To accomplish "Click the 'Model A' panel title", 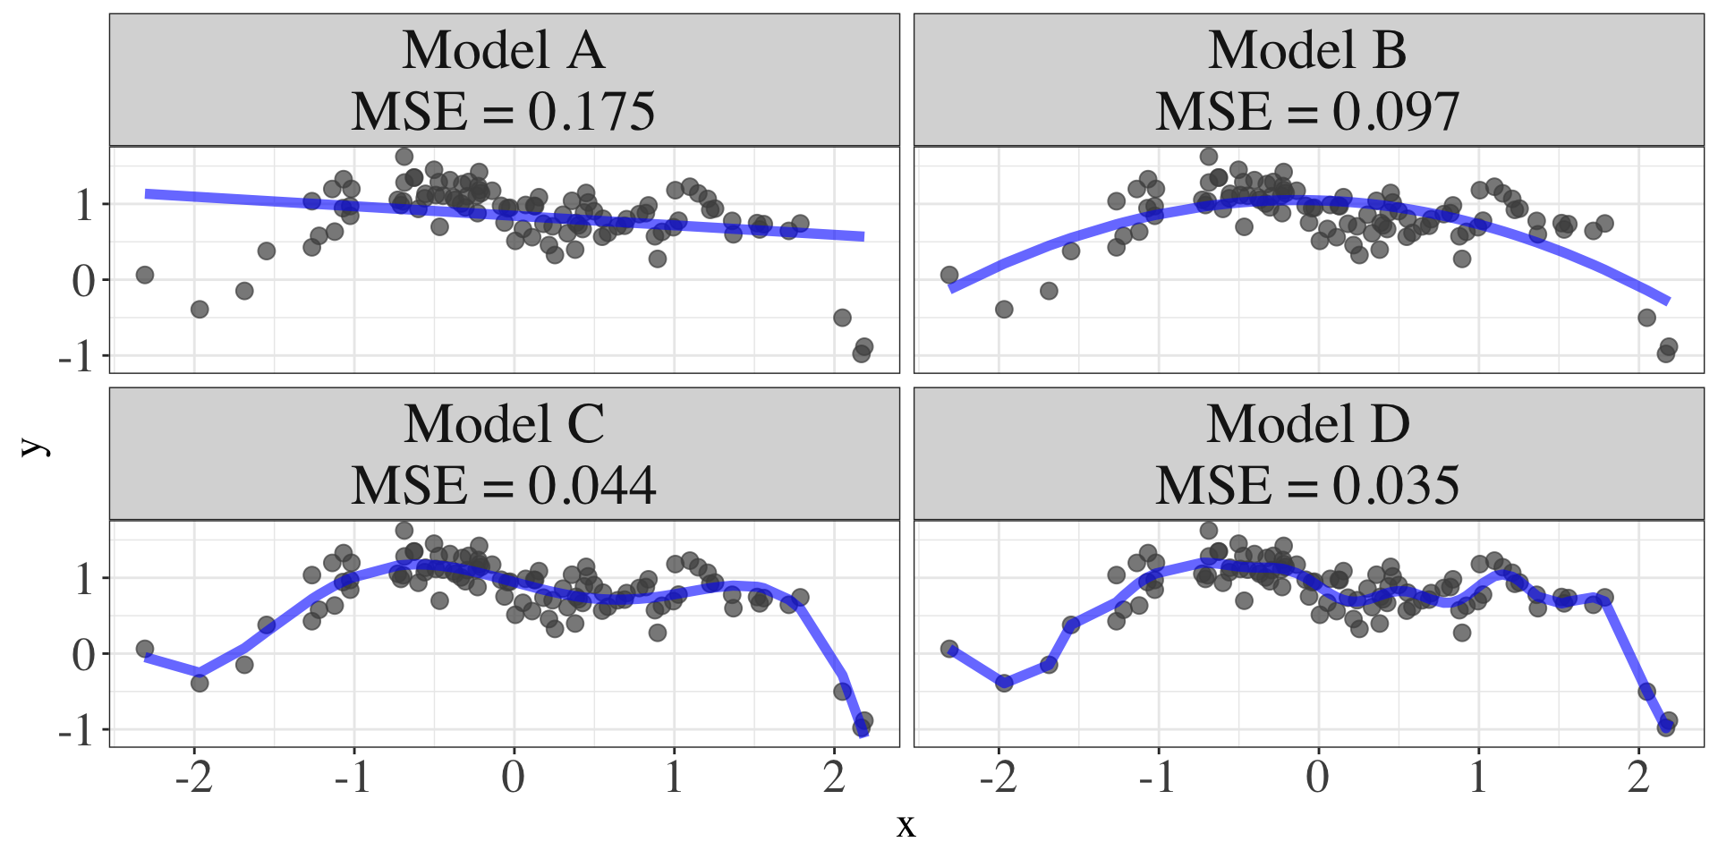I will click(x=504, y=50).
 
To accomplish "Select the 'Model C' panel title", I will click(x=504, y=424).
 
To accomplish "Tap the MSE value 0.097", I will click(x=1396, y=113).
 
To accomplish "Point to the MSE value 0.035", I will click(x=1396, y=487).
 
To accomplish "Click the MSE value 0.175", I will click(x=591, y=113).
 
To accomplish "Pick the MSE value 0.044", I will click(x=591, y=487).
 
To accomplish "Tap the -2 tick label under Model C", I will click(x=193, y=777).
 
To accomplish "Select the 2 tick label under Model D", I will click(x=1638, y=777).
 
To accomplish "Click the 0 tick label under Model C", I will click(x=514, y=777).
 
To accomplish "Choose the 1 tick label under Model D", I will click(x=1478, y=777).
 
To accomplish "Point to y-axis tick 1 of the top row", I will click(x=84, y=206).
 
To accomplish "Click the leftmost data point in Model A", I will click(x=145, y=275).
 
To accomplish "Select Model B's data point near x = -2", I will click(x=1004, y=310).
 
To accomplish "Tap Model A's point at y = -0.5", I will click(x=842, y=318).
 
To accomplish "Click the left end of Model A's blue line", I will click(x=147, y=193).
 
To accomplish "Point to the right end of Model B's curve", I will click(x=1668, y=302).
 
